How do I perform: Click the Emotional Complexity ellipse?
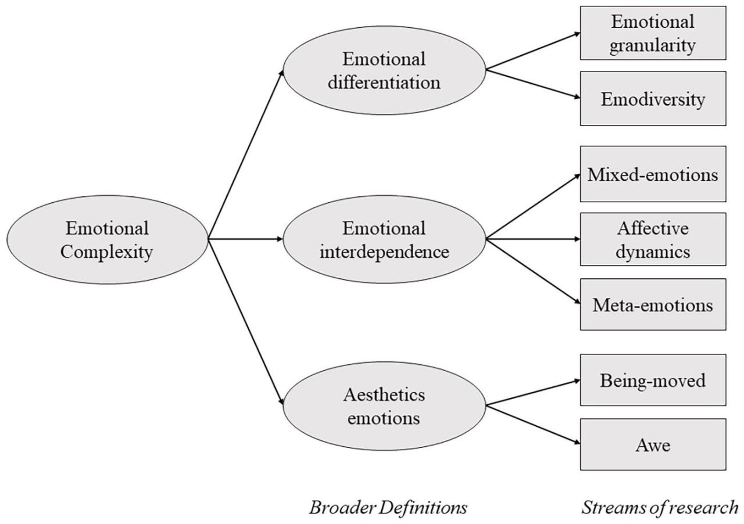click(107, 239)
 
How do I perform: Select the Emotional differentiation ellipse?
click(384, 70)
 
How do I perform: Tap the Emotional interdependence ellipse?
click(384, 239)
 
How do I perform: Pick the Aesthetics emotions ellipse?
click(384, 406)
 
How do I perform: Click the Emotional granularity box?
click(653, 33)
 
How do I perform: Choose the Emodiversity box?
click(653, 99)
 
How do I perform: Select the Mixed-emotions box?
click(653, 174)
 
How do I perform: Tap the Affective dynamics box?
click(653, 239)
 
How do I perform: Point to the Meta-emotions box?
click(653, 304)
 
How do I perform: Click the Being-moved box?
click(653, 380)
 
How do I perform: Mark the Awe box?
click(653, 445)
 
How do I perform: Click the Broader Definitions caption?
click(388, 508)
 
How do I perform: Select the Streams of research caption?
click(659, 508)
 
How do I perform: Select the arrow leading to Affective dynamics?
click(532, 239)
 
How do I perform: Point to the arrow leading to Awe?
click(532, 425)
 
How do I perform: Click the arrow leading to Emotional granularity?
click(532, 51)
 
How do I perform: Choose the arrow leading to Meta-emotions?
click(532, 271)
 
